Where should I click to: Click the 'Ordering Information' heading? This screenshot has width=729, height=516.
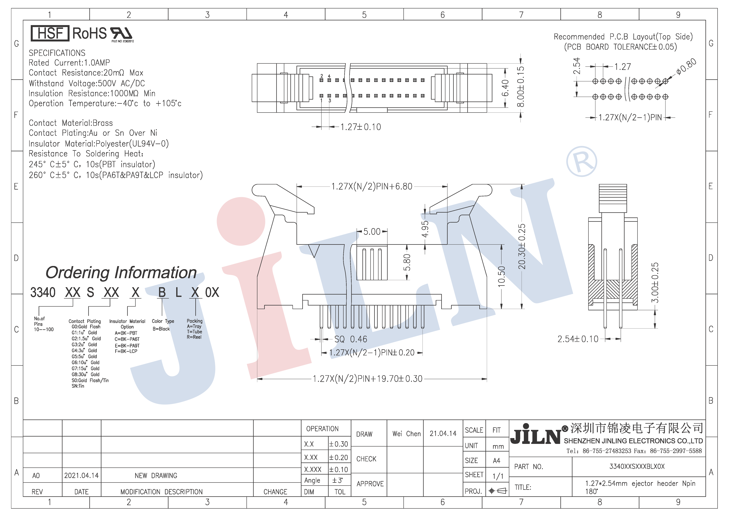(121, 272)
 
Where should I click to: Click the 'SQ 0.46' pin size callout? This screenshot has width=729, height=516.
(351, 339)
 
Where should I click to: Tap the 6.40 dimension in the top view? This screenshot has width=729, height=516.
(505, 88)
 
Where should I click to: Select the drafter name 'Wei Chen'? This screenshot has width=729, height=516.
(406, 434)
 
